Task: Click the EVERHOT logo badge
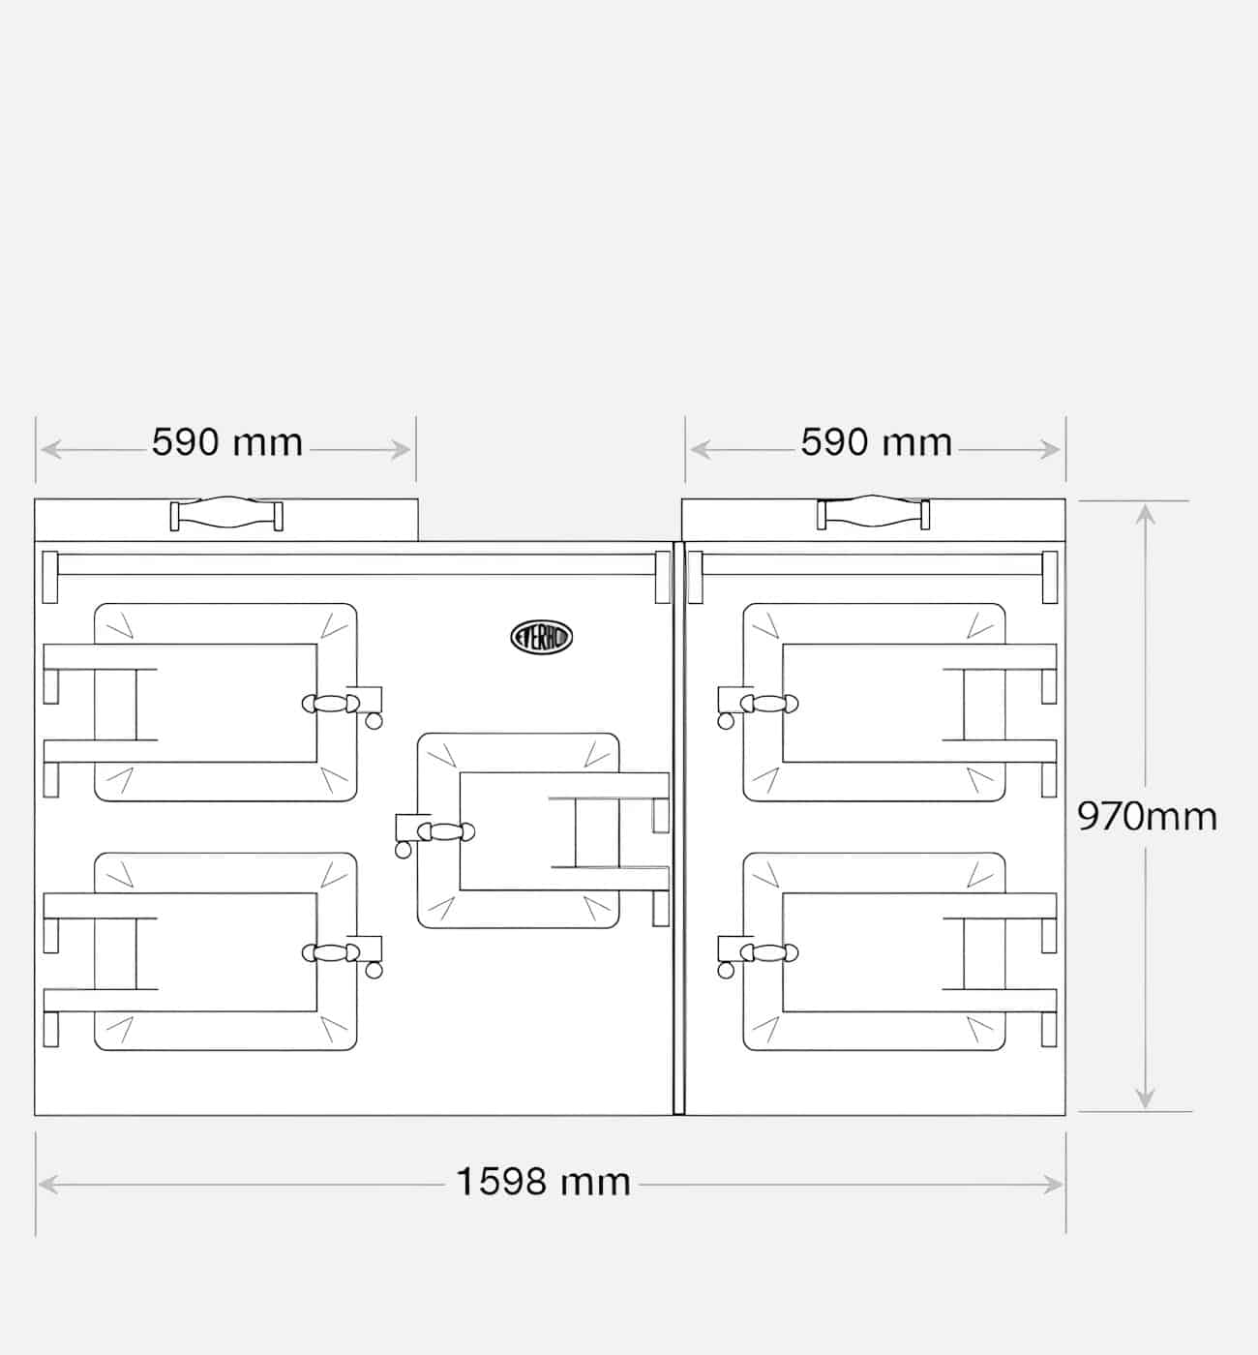(x=541, y=637)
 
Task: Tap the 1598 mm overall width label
(x=543, y=1182)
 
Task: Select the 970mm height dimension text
(x=1147, y=817)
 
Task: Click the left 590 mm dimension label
(x=227, y=442)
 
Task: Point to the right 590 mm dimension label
(x=876, y=442)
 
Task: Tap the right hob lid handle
(x=873, y=512)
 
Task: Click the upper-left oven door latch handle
(x=332, y=704)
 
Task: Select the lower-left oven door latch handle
(x=332, y=953)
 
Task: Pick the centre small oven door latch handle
(x=446, y=831)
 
